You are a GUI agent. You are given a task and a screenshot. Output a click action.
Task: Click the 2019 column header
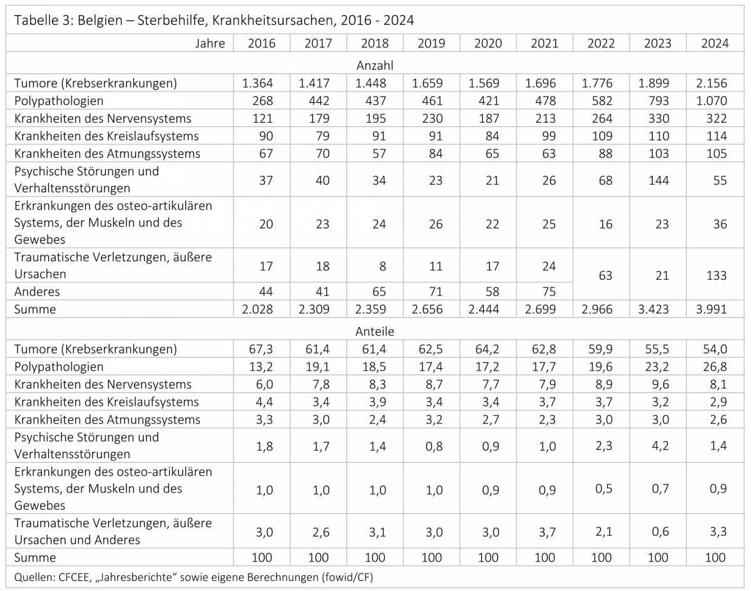[431, 43]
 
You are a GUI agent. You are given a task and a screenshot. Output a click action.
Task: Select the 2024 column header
[715, 43]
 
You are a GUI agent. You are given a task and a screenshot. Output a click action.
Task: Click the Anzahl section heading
[374, 65]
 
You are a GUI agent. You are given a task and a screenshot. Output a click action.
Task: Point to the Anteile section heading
[374, 331]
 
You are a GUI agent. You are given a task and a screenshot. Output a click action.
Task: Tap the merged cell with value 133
[717, 275]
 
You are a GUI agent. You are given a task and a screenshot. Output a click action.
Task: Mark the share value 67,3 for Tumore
[261, 349]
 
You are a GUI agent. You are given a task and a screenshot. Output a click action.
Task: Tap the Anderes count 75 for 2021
[549, 292]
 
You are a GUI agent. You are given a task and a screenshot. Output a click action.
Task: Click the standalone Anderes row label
[36, 292]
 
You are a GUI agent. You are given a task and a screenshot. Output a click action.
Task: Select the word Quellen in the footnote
[33, 577]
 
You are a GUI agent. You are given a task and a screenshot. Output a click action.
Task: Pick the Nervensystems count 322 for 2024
[717, 118]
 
